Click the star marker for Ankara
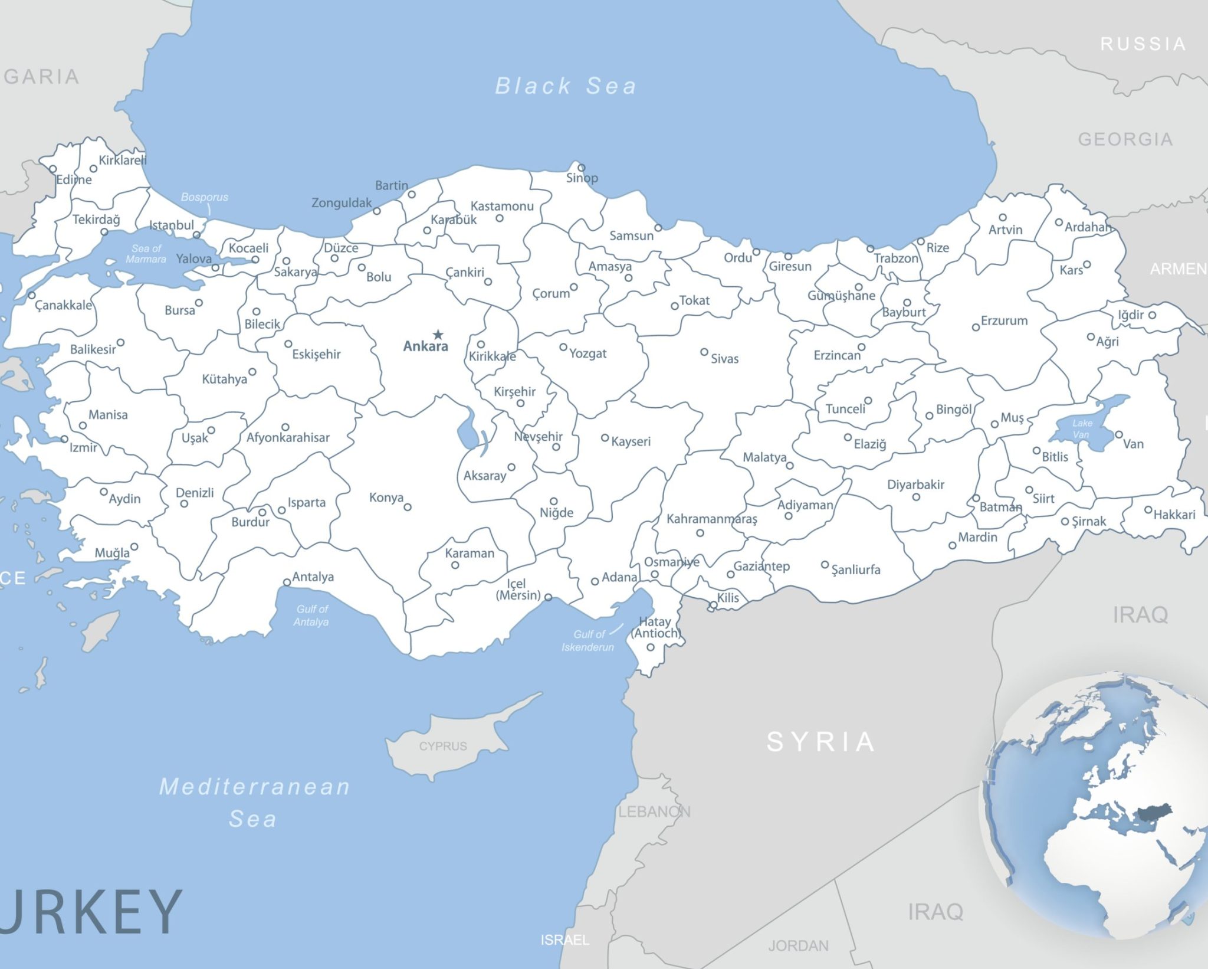(x=438, y=335)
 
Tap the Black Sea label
(x=565, y=86)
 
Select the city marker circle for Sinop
(x=581, y=168)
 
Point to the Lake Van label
(x=1082, y=428)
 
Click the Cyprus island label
(x=443, y=746)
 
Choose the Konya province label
(x=386, y=497)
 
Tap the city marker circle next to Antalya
(x=287, y=582)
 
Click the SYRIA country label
(x=820, y=742)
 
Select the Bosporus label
(x=204, y=197)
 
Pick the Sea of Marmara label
(x=146, y=254)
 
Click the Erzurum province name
(x=1004, y=320)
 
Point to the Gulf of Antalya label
(x=311, y=615)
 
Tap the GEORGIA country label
(x=1125, y=139)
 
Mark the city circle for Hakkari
(x=1148, y=510)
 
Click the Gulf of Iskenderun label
(x=587, y=641)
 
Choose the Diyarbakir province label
(x=915, y=484)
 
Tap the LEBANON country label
(x=654, y=812)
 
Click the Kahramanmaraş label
(x=711, y=519)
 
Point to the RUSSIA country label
(x=1143, y=44)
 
